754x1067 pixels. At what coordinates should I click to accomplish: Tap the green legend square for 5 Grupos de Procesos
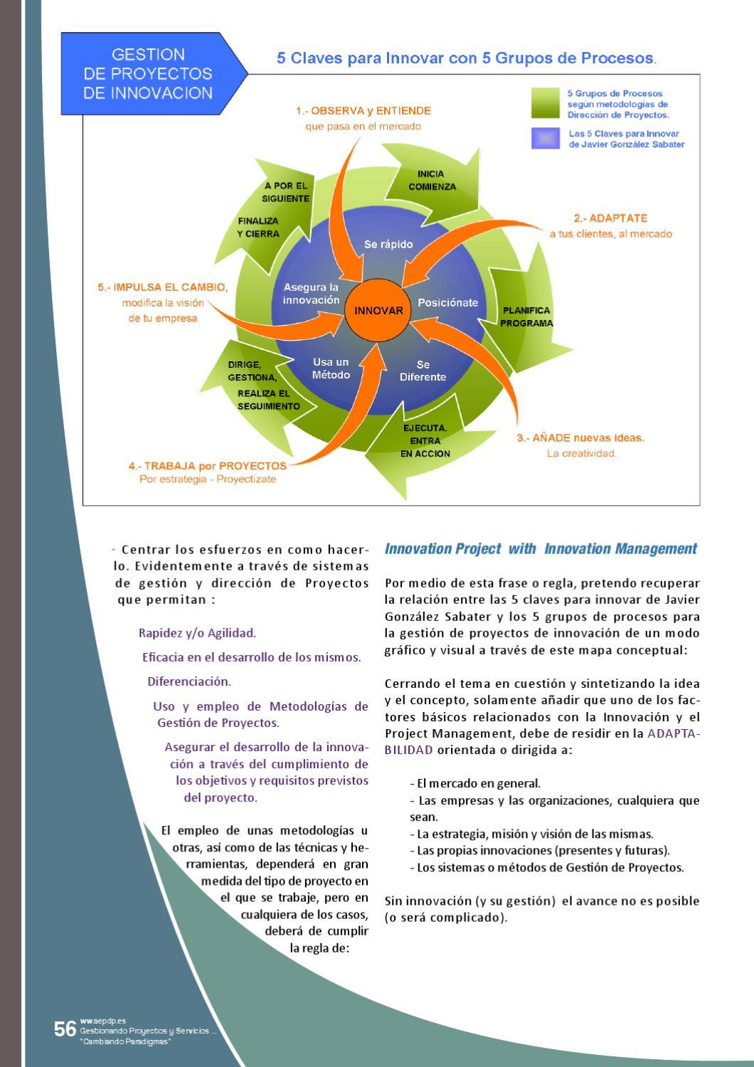(x=546, y=103)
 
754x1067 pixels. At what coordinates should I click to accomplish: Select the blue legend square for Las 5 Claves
(x=546, y=138)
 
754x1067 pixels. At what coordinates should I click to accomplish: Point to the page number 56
(x=65, y=1029)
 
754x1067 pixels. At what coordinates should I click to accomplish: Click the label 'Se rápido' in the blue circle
(x=388, y=244)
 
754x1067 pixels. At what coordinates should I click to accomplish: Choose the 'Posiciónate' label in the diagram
(x=447, y=302)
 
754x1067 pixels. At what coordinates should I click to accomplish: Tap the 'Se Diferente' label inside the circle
(x=423, y=371)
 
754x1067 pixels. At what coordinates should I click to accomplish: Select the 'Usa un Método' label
(x=331, y=368)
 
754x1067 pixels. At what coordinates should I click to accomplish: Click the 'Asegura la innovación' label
(x=312, y=293)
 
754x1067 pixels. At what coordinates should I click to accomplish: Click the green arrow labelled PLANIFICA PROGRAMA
(x=526, y=317)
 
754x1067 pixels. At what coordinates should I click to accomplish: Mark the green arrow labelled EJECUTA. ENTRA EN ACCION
(x=425, y=441)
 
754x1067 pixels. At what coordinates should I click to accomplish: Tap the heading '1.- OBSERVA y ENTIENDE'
(x=363, y=111)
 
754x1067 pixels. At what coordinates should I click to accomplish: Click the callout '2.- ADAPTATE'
(x=610, y=218)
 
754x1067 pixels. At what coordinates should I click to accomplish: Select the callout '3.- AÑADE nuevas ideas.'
(x=580, y=437)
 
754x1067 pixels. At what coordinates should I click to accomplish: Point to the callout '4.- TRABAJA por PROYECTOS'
(x=208, y=466)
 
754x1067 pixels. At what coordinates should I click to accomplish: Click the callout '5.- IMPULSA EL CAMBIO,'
(x=163, y=287)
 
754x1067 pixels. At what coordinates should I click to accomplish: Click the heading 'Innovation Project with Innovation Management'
(x=541, y=548)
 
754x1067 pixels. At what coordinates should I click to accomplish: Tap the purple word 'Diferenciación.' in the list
(x=189, y=681)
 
